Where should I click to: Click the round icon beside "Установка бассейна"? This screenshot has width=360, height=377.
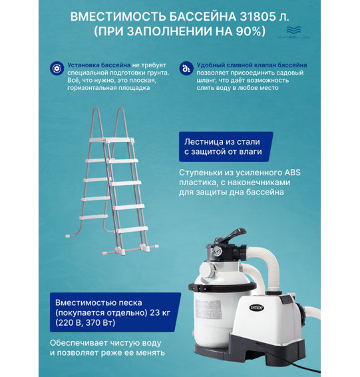[56, 67]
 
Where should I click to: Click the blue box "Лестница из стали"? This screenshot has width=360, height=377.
[224, 147]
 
